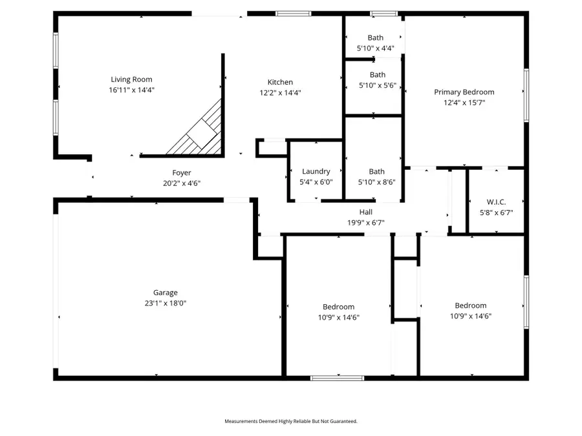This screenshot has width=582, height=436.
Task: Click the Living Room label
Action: click(x=131, y=79)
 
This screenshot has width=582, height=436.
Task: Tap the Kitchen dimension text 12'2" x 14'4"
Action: click(x=280, y=92)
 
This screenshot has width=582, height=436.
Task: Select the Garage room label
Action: click(x=165, y=293)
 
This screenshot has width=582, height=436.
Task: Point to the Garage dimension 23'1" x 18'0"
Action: click(x=165, y=303)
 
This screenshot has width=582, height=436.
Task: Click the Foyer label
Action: click(x=181, y=172)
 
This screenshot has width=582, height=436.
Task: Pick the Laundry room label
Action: click(x=316, y=171)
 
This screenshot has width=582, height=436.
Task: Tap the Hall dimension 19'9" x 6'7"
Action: click(x=366, y=222)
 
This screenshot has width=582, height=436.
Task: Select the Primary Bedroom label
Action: click(x=464, y=92)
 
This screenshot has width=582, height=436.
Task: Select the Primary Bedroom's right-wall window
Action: click(x=526, y=95)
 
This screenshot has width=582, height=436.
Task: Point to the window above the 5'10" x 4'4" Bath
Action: click(x=383, y=13)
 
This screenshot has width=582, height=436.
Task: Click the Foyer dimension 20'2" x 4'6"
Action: click(x=181, y=183)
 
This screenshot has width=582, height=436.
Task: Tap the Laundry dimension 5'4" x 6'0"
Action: click(x=316, y=182)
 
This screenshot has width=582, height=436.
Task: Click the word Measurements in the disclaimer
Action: click(x=241, y=421)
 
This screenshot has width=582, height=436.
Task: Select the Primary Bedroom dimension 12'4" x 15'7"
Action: click(x=464, y=102)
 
